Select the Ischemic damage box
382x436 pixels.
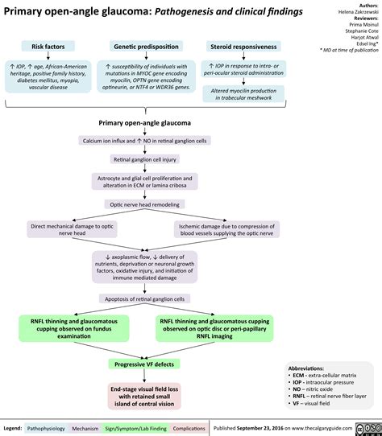click(x=226, y=230)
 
